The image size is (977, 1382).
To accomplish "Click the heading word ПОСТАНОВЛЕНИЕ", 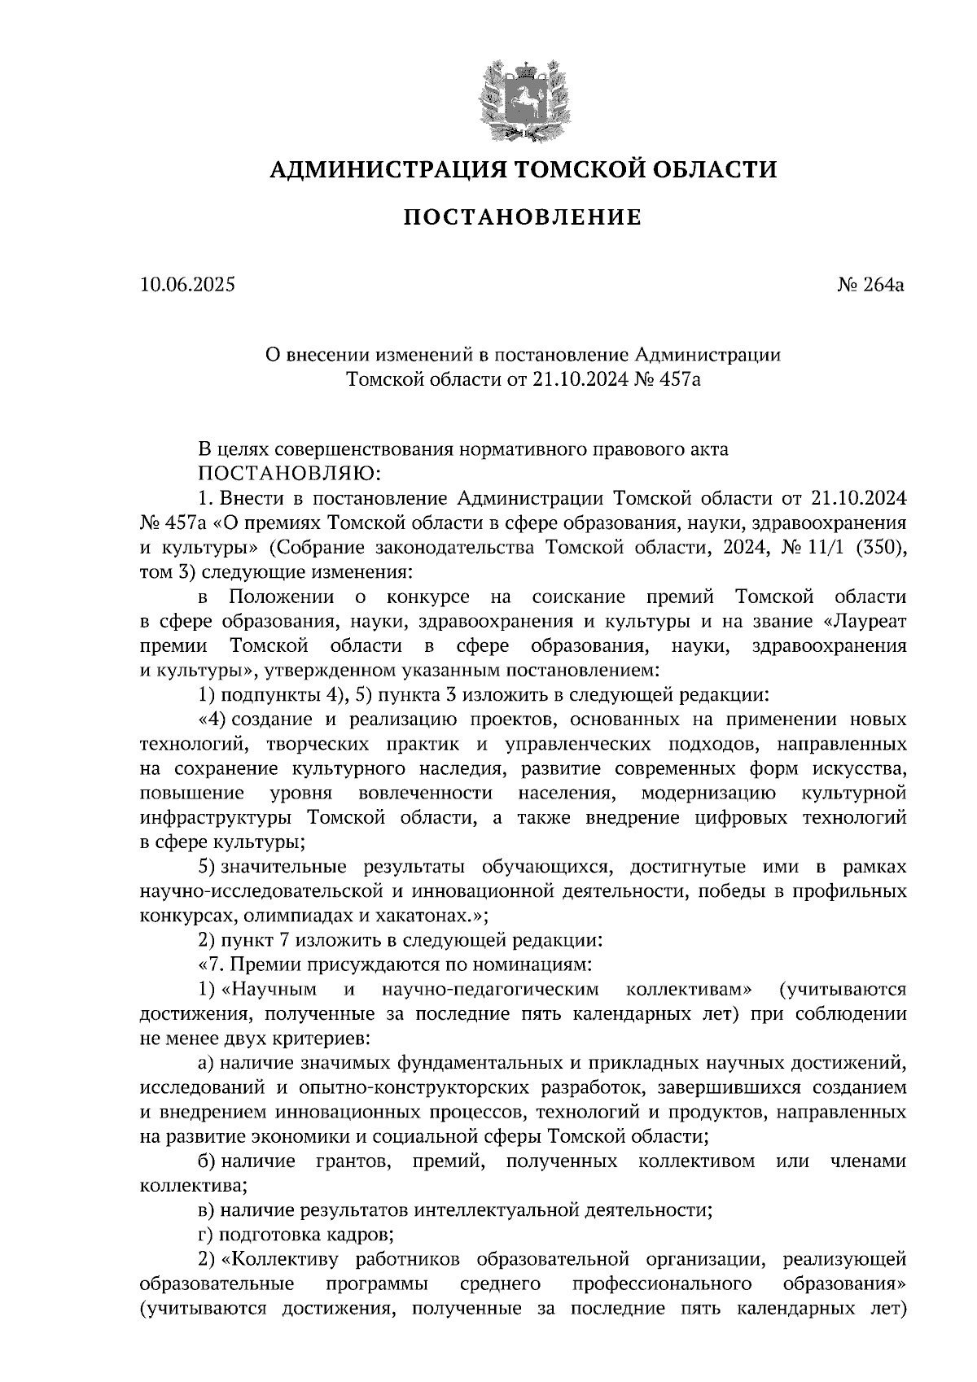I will pyautogui.click(x=523, y=217).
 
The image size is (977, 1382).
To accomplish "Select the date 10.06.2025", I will pyautogui.click(x=186, y=285).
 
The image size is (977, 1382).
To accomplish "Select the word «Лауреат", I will pyautogui.click(x=861, y=622).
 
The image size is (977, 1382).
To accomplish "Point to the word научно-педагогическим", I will pyautogui.click(x=488, y=990).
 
